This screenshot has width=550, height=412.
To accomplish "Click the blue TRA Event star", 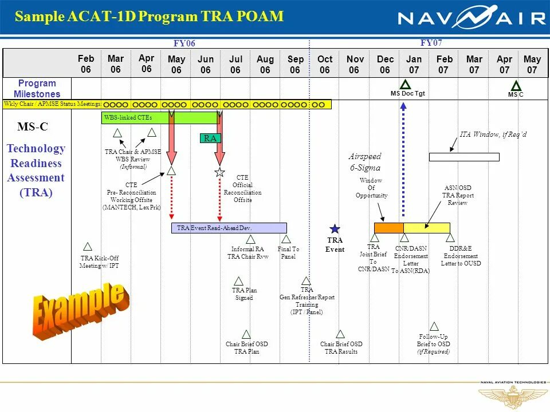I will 335,229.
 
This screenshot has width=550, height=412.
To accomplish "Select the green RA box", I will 210,138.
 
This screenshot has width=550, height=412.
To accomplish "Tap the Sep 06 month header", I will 296,65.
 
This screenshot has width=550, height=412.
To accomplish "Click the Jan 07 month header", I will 414,65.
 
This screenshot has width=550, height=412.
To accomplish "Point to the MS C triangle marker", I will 516,85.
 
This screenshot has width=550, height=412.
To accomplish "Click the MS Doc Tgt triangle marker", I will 406,84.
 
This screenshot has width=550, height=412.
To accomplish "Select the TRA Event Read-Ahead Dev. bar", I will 229,228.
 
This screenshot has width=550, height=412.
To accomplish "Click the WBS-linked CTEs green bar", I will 160,118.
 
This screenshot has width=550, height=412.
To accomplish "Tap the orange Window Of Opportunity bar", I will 389,228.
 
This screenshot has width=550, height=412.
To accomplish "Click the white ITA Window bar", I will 464,157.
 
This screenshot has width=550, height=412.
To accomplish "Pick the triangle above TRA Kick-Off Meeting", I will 88,247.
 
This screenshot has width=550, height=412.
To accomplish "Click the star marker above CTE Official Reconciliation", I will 219,172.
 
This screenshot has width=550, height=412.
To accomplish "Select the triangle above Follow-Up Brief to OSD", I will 434,326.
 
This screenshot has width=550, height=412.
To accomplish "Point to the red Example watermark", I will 79,310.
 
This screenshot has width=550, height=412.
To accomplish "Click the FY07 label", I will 431,43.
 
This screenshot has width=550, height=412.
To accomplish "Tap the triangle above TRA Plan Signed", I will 239,281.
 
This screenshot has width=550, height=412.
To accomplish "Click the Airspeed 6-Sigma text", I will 365,162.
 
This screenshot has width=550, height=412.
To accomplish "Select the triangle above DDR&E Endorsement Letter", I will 450,237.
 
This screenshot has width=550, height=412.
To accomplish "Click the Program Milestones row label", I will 37,89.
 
